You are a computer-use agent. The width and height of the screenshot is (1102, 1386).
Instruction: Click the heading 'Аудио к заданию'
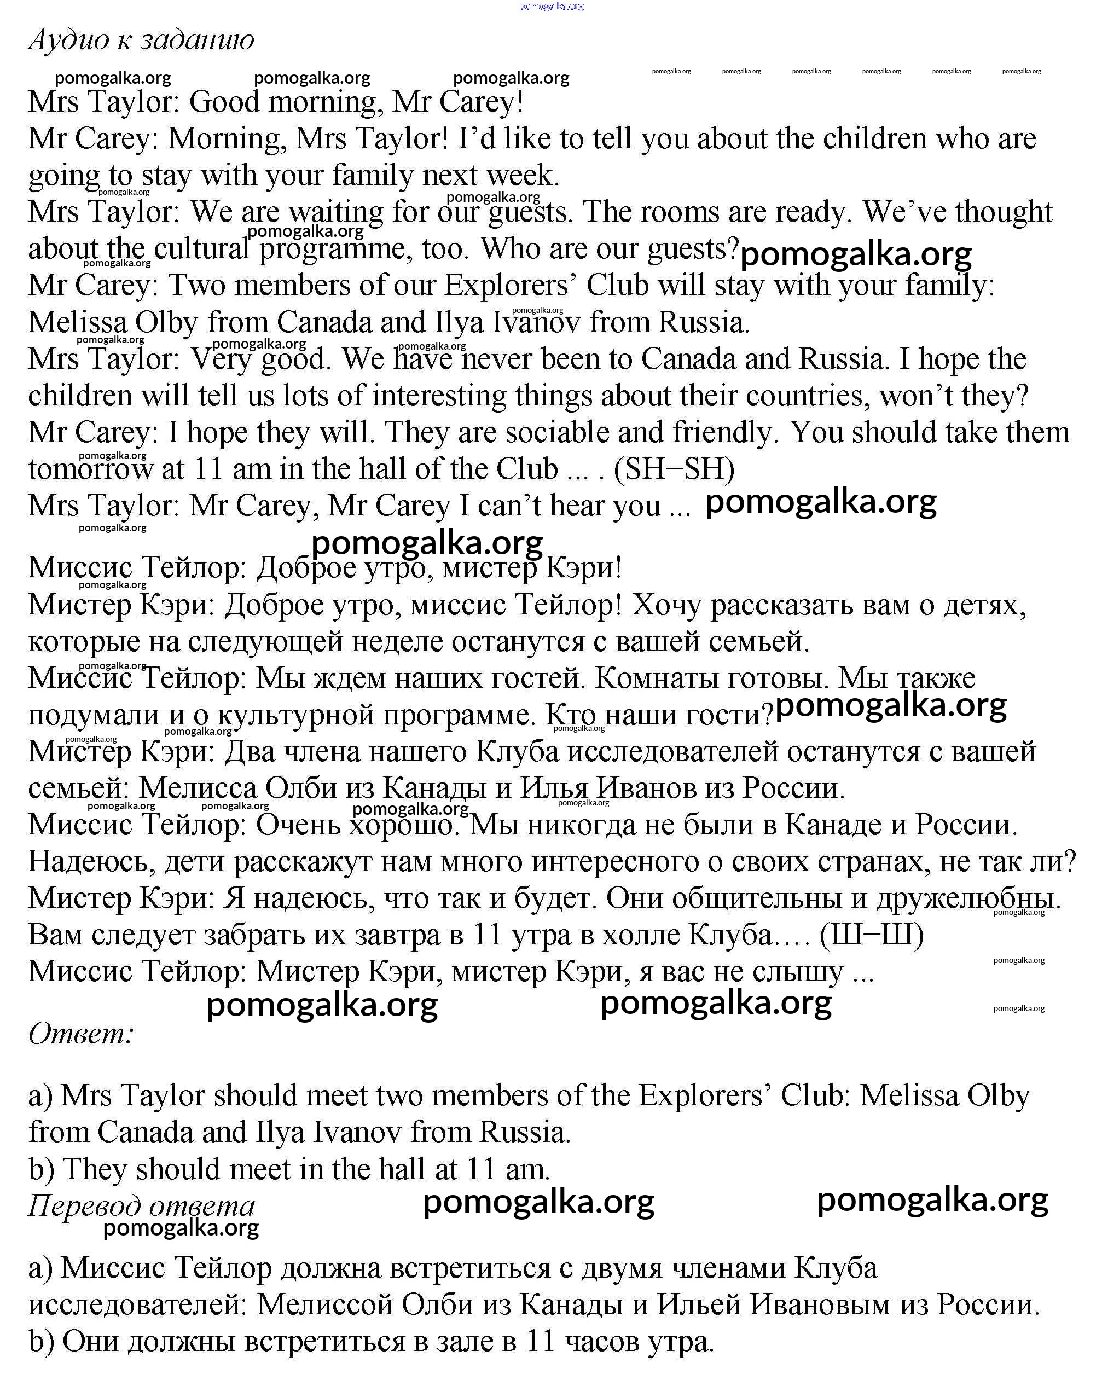tap(142, 40)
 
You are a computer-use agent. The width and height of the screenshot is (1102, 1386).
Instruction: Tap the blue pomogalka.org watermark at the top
tap(551, 7)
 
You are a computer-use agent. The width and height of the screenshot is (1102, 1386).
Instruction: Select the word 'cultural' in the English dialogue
tap(201, 249)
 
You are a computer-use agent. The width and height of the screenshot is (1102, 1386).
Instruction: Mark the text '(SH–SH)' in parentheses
tap(674, 469)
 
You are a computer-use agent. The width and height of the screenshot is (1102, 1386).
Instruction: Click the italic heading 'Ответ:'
tap(81, 1034)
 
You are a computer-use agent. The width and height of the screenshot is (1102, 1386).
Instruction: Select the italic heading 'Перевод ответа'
tap(142, 1206)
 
